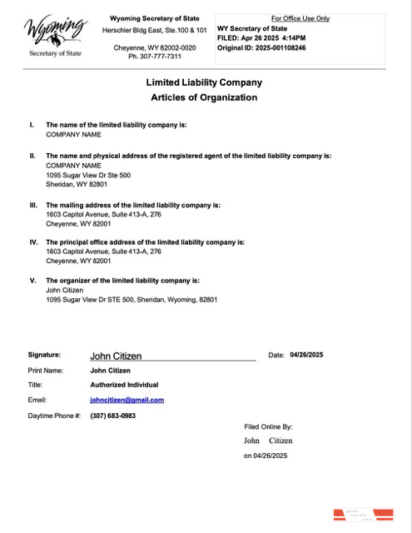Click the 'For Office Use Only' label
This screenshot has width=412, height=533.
click(x=300, y=17)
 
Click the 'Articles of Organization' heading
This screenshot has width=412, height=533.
click(x=204, y=97)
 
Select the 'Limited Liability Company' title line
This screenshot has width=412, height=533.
click(x=204, y=82)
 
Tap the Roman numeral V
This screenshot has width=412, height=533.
click(x=32, y=281)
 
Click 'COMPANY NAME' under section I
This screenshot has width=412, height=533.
click(x=73, y=134)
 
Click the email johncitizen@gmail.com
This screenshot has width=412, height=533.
click(x=127, y=400)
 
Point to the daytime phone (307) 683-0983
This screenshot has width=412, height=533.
click(x=112, y=415)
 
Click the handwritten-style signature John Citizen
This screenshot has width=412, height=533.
click(x=116, y=356)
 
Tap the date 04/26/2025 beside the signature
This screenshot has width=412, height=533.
click(x=306, y=355)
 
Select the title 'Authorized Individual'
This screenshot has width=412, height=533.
click(x=124, y=385)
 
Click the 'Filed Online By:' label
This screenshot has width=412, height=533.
click(x=268, y=426)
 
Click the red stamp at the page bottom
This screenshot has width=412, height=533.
click(x=361, y=516)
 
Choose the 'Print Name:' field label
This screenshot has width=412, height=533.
click(x=45, y=370)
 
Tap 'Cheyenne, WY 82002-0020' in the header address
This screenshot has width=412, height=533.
click(x=155, y=48)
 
